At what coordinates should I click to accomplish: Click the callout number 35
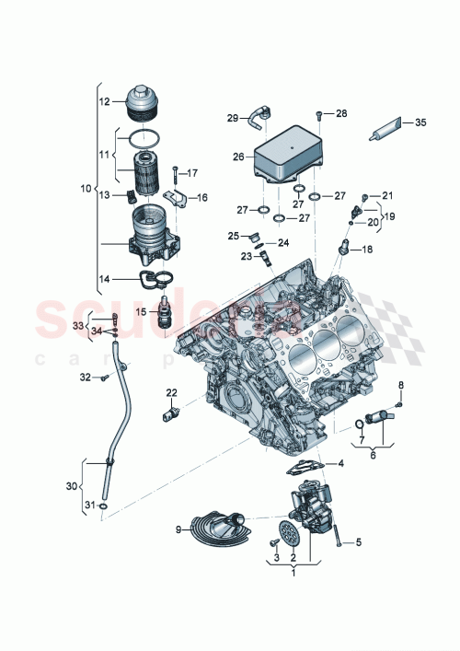pyautogui.click(x=420, y=122)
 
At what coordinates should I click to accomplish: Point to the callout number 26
pyautogui.click(x=238, y=157)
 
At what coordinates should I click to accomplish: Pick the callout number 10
pyautogui.click(x=86, y=188)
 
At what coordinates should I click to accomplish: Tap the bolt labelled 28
pyautogui.click(x=316, y=116)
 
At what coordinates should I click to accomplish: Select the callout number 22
pyautogui.click(x=171, y=393)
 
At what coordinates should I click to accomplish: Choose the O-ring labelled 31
pyautogui.click(x=106, y=506)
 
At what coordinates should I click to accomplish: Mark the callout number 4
pyautogui.click(x=339, y=463)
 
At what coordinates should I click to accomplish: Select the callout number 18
pyautogui.click(x=367, y=250)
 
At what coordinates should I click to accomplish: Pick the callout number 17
pyautogui.click(x=192, y=173)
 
